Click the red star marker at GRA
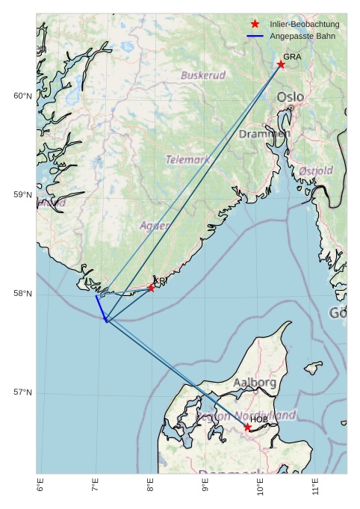pyautogui.click(x=281, y=64)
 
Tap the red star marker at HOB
pyautogui.click(x=247, y=427)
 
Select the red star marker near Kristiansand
pyautogui.click(x=151, y=288)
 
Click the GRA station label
pyautogui.click(x=292, y=57)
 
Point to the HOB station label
pyautogui.click(x=258, y=419)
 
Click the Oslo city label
pyautogui.click(x=291, y=97)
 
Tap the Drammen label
pyautogui.click(x=264, y=134)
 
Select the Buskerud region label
pyautogui.click(x=203, y=75)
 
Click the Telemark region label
pyautogui.click(x=187, y=160)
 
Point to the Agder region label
pyautogui.click(x=155, y=225)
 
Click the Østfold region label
pyautogui.click(x=316, y=171)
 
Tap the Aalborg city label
pyautogui.click(x=255, y=383)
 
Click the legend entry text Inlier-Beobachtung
pyautogui.click(x=305, y=25)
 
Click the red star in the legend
pyautogui.click(x=255, y=25)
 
